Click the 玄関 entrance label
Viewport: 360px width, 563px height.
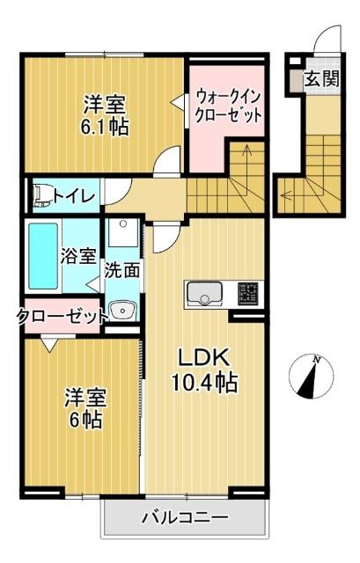[x=321, y=78]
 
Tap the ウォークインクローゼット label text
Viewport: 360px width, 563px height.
[x=228, y=104]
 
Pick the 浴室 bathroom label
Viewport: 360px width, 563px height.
[x=78, y=257]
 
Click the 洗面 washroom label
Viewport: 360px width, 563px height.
[x=122, y=270]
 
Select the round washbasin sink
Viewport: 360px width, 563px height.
[x=121, y=311]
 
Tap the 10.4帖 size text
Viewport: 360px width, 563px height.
[x=204, y=383]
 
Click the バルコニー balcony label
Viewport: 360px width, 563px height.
[x=184, y=518]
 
